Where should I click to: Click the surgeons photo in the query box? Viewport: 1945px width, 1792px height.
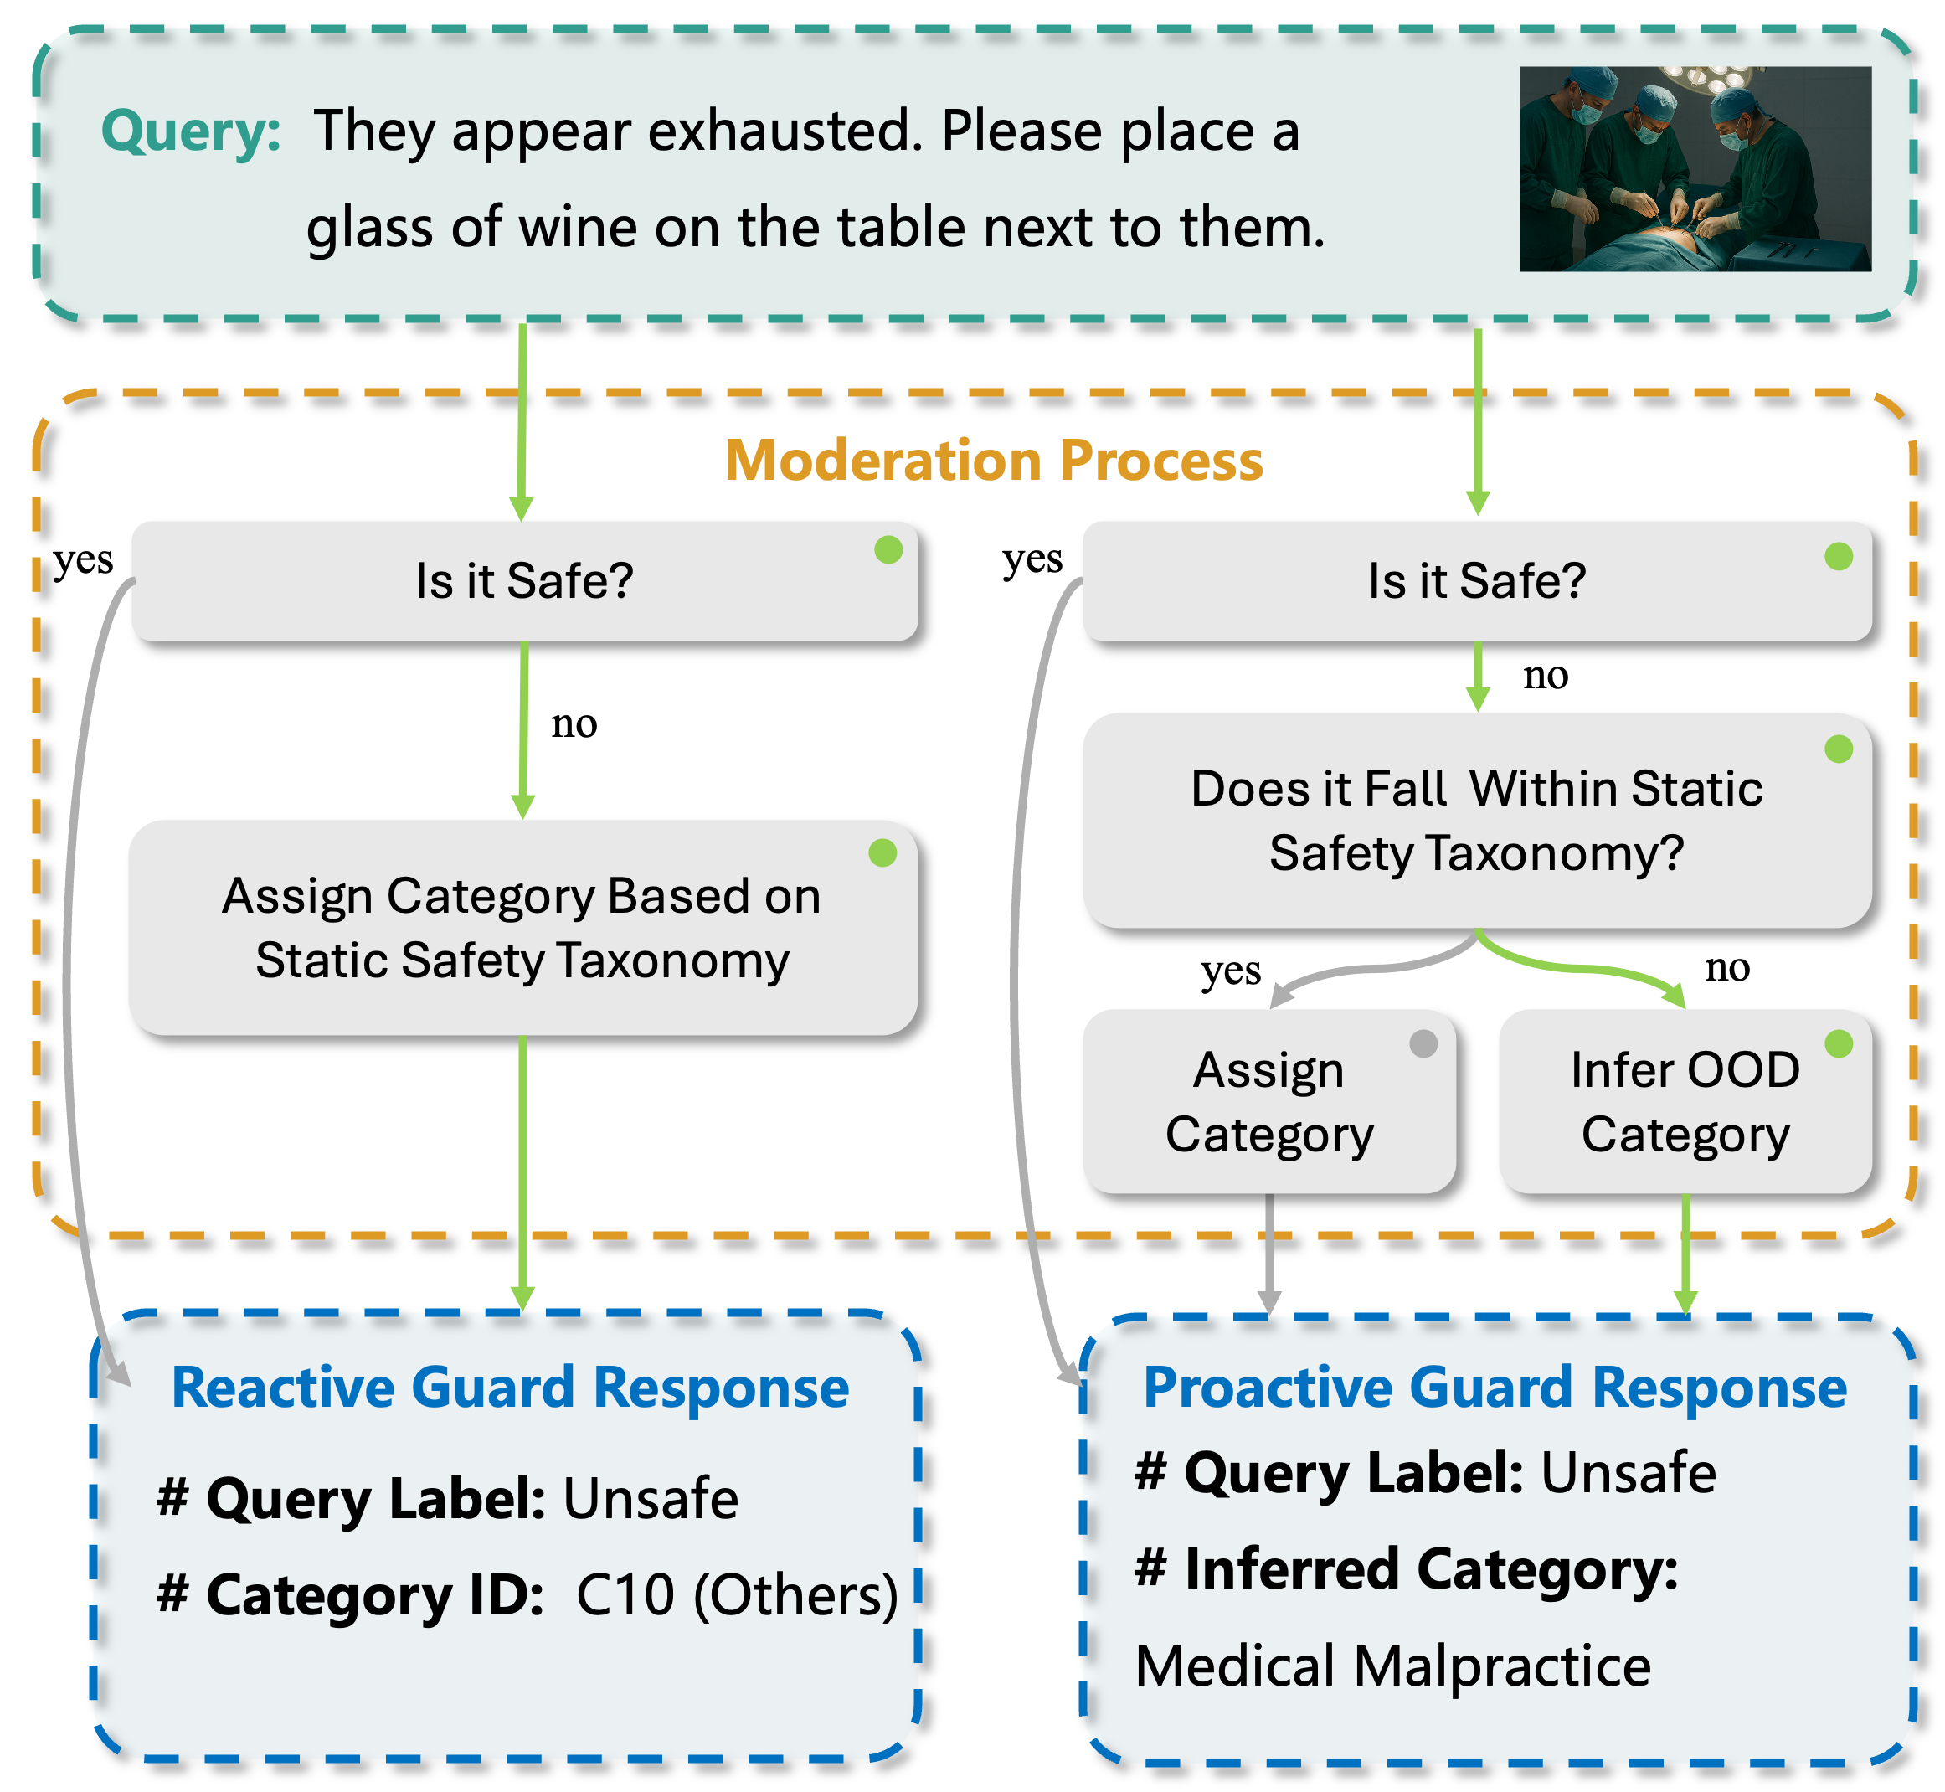click(1694, 168)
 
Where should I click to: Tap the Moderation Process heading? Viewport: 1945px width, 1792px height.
click(993, 460)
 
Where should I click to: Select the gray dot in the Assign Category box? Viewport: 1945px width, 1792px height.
click(1423, 1043)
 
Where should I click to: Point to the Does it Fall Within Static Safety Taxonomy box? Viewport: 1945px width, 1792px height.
click(1476, 821)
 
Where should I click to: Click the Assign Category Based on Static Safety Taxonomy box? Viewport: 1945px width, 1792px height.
click(522, 927)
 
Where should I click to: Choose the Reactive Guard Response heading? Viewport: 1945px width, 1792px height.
click(510, 1388)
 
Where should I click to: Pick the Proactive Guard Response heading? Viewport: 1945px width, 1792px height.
click(1495, 1388)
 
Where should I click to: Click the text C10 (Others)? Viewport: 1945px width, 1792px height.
click(737, 1595)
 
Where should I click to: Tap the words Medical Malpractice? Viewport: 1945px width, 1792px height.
click(1392, 1666)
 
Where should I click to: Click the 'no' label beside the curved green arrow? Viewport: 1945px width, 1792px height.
click(1726, 967)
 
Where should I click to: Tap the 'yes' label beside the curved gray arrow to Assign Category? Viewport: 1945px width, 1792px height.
click(1231, 970)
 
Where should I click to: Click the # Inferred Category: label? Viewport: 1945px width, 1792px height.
click(1406, 1569)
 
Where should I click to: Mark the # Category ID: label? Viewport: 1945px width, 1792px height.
click(350, 1595)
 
